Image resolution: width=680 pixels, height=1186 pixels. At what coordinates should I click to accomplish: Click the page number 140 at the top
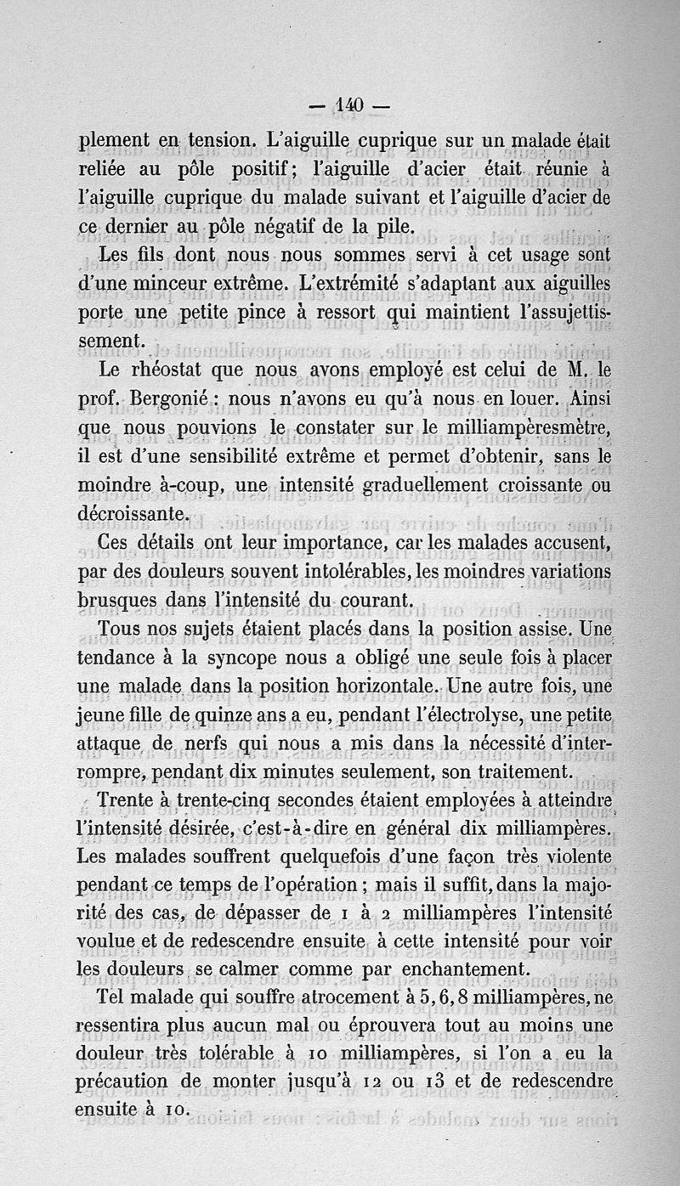[340, 107]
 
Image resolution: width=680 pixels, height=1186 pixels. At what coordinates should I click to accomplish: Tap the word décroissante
[130, 513]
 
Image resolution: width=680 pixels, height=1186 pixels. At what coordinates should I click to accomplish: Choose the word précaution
[125, 1082]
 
